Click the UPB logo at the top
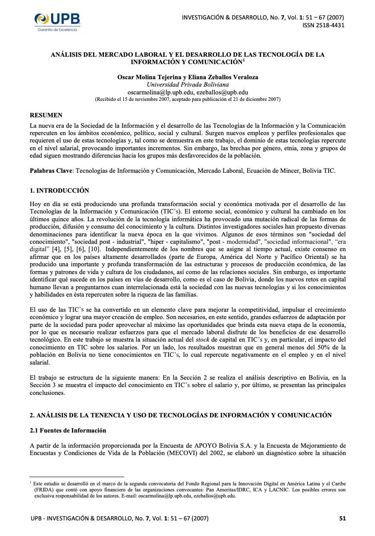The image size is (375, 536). (x=57, y=21)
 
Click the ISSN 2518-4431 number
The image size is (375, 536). (x=323, y=25)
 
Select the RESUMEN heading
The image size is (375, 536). (x=46, y=115)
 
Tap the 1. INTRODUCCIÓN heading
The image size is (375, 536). (x=59, y=191)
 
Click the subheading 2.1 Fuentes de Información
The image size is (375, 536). (x=68, y=430)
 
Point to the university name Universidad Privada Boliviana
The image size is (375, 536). (x=187, y=84)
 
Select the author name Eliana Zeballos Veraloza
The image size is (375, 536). (x=225, y=77)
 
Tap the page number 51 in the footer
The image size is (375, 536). (x=342, y=518)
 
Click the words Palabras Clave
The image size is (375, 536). (x=51, y=171)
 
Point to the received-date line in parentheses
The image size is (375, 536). (x=187, y=99)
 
